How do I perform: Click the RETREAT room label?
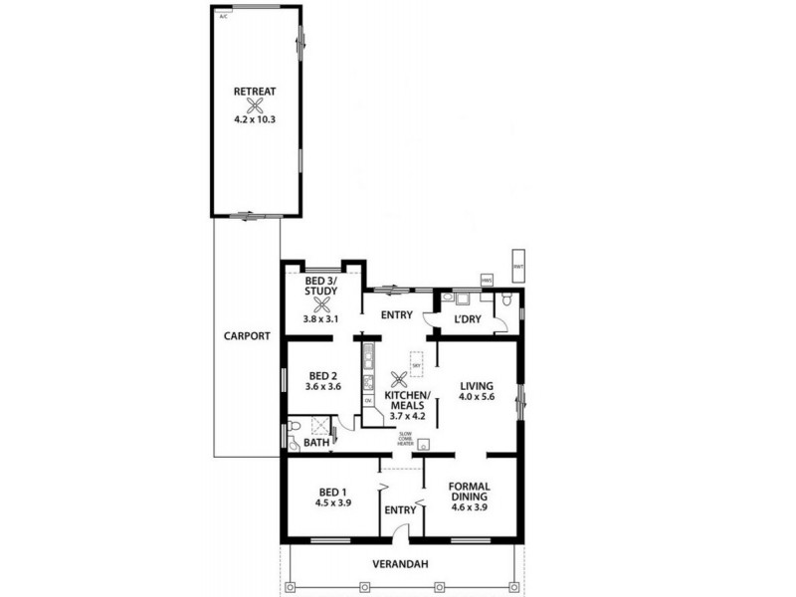pos(254,91)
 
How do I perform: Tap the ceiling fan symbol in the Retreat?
pos(255,105)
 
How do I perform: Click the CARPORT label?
pos(246,336)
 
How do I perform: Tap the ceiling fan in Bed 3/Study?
pos(319,306)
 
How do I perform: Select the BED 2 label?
pos(321,374)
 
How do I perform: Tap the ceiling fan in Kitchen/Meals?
pos(400,379)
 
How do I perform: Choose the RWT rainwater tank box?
pos(517,266)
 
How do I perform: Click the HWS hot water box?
pos(487,282)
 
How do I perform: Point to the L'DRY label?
pos(468,318)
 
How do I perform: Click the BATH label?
pos(315,445)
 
